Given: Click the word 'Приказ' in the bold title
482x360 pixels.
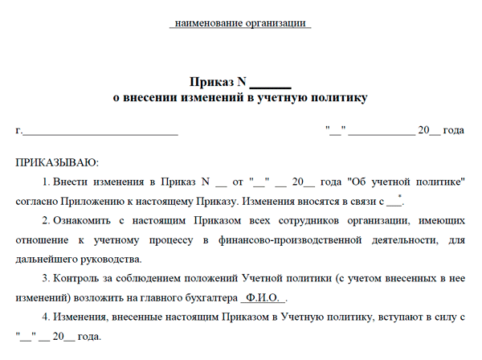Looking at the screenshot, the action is coord(211,82).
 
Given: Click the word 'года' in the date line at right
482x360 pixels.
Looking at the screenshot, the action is coord(454,130).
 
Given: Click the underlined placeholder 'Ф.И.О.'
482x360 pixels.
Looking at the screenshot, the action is coord(259,297).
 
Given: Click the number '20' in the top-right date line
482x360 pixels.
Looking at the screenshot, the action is coord(423,130).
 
